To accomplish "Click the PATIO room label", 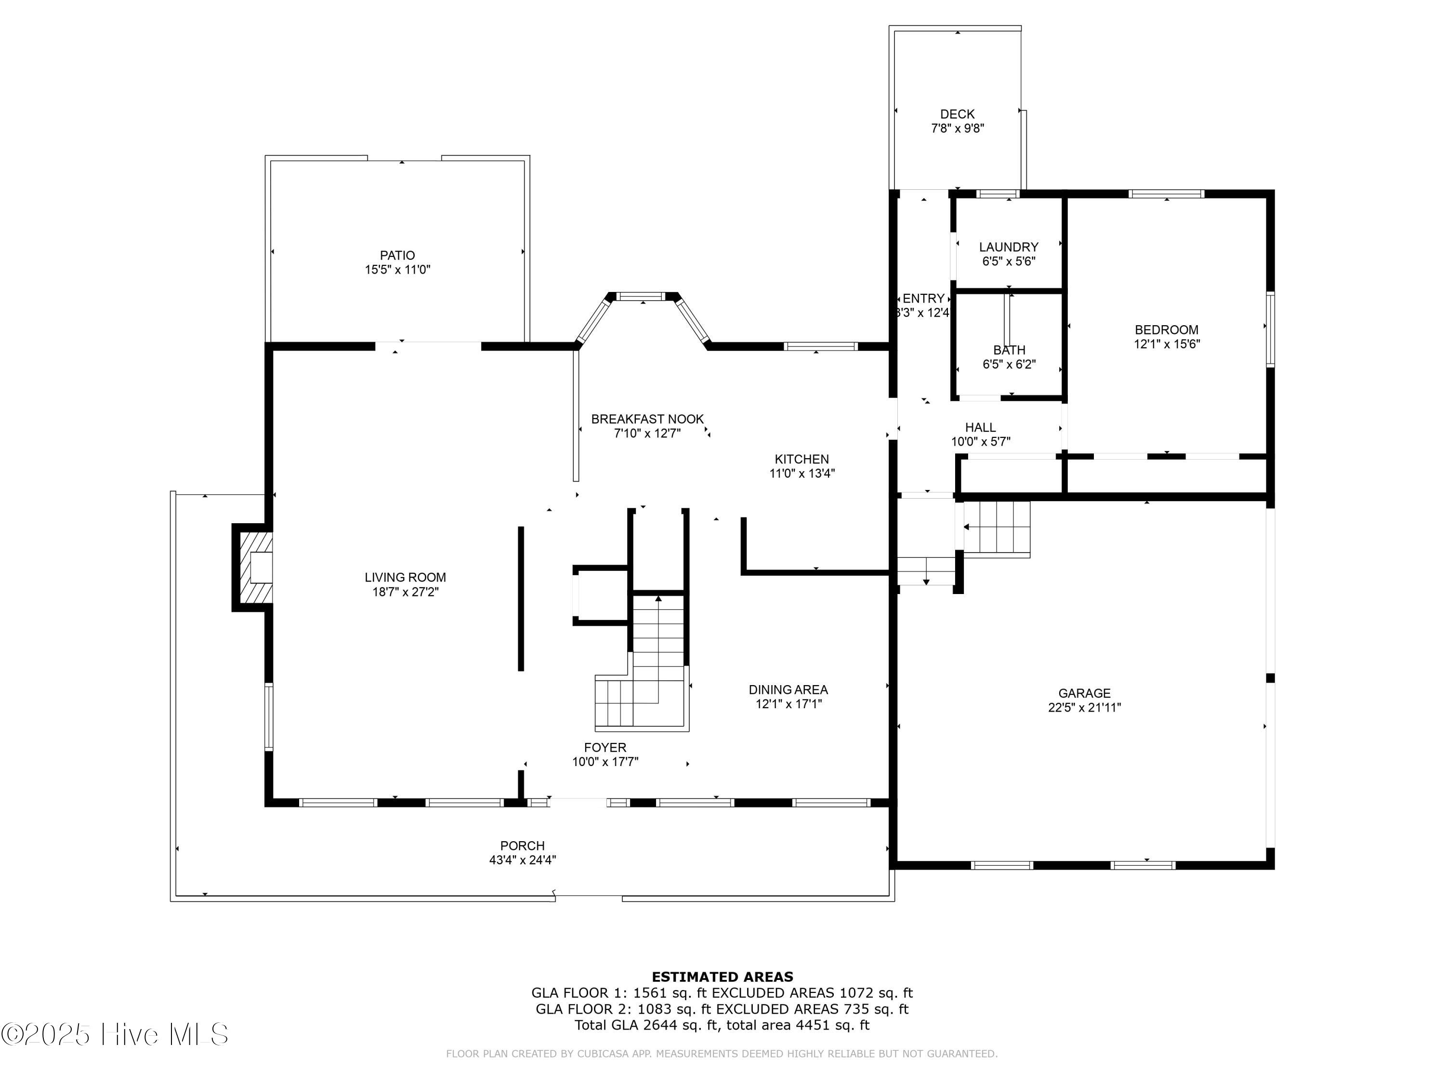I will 397,255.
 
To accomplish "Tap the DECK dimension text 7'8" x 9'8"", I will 957,129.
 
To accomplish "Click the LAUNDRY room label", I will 1008,247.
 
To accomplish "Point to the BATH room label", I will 1009,350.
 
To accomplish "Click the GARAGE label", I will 1084,693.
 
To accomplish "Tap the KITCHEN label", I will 801,459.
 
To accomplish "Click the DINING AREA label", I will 788,690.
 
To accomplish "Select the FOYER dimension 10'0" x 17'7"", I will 605,762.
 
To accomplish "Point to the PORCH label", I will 522,846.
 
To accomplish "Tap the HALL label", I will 980,427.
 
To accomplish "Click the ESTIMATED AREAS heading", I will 722,977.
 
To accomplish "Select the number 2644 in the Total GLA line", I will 658,1025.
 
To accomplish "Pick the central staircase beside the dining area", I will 657,660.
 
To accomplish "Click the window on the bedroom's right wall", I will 1270,330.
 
